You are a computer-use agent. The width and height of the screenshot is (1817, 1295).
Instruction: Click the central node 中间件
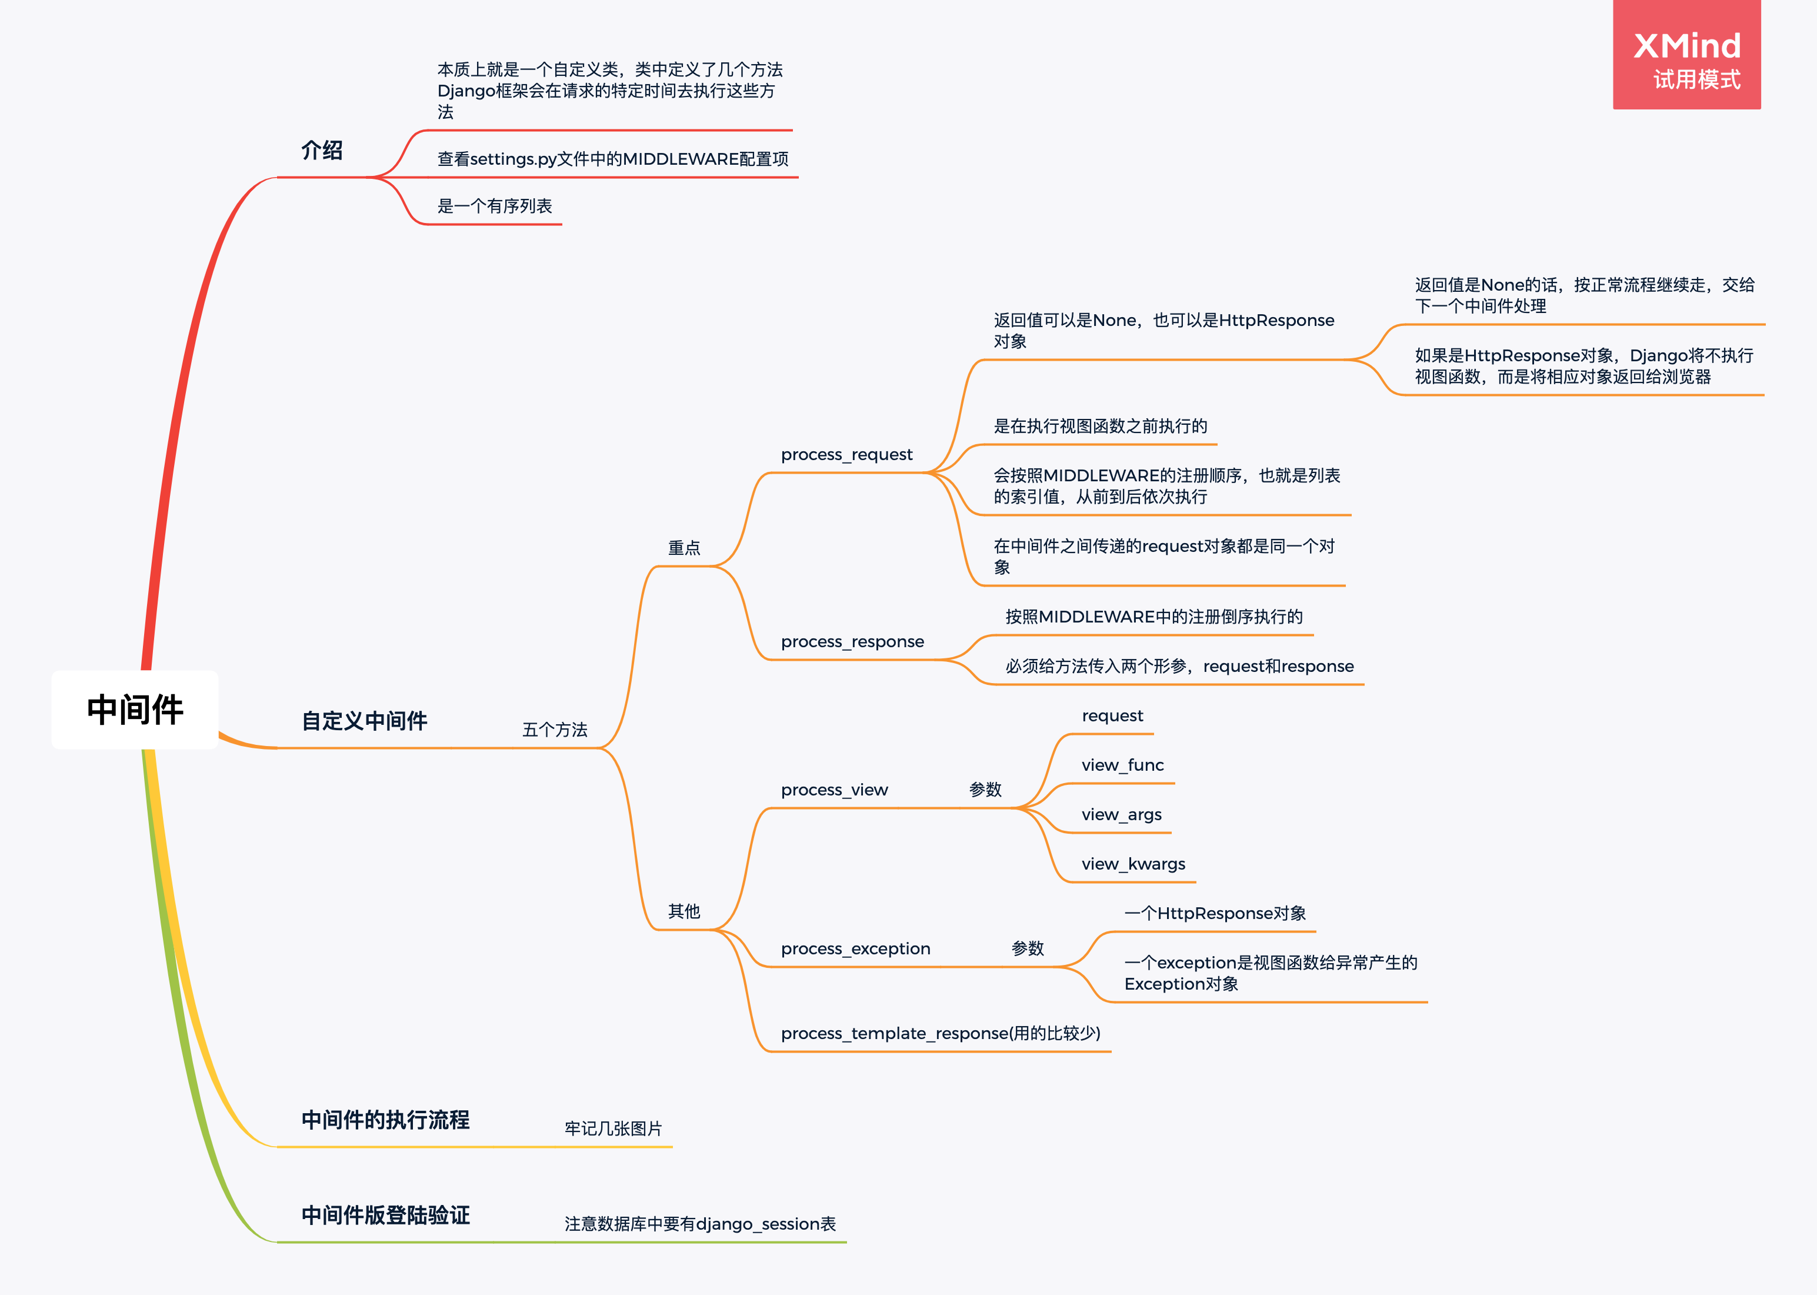click(135, 709)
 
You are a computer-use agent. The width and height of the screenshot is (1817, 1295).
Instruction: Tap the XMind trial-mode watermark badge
click(1686, 56)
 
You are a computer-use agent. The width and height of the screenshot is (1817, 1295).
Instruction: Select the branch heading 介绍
click(322, 151)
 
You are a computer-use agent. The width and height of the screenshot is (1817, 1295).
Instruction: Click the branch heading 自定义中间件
click(364, 721)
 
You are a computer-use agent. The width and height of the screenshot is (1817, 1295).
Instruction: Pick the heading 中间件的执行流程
click(385, 1120)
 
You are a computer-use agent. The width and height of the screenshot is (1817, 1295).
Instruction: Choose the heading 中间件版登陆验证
click(385, 1214)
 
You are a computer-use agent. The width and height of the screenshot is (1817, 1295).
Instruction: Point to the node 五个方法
click(555, 730)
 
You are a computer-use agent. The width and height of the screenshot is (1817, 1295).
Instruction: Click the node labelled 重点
click(684, 548)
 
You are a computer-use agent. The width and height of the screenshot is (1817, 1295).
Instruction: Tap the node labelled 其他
click(684, 911)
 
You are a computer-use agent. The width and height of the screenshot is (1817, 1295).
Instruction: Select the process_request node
click(846, 455)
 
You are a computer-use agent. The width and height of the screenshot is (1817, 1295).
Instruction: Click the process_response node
click(852, 642)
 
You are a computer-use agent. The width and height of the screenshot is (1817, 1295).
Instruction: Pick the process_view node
click(834, 790)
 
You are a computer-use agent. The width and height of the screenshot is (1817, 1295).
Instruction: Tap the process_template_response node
click(940, 1033)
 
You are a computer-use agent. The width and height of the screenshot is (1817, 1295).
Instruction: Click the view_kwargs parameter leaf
click(1133, 864)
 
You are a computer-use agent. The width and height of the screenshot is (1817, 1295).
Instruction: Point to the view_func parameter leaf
click(1122, 765)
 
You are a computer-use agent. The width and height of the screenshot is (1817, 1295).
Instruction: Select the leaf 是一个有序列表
click(494, 207)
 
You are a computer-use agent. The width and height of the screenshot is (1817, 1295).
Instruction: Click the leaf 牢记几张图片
click(613, 1128)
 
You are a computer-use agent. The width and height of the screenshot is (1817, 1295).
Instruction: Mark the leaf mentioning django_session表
click(700, 1224)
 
